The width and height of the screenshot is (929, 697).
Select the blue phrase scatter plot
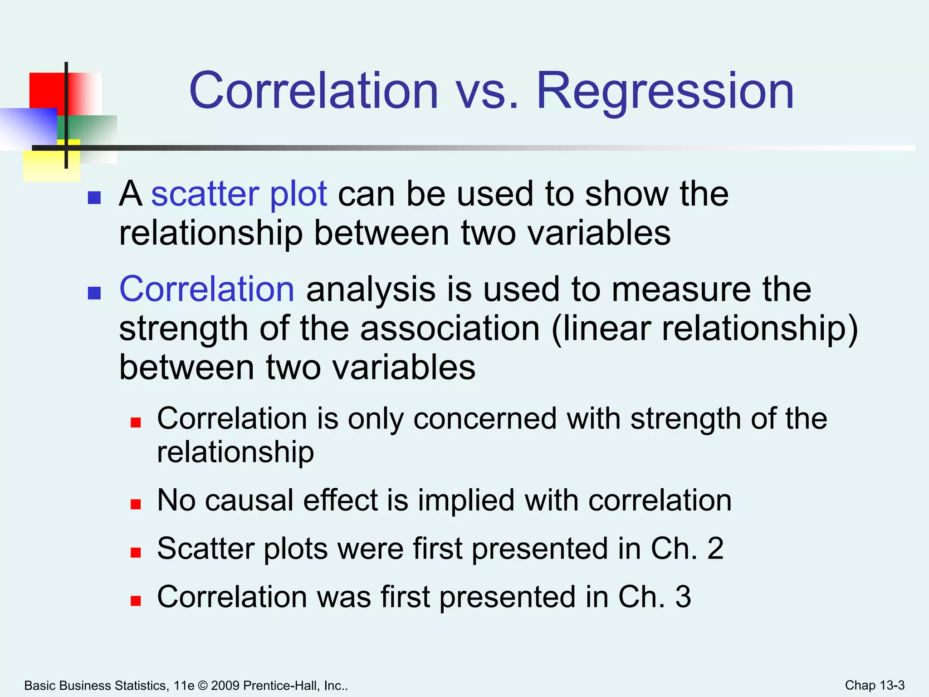[x=239, y=194]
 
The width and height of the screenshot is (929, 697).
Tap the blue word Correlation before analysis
[x=207, y=289]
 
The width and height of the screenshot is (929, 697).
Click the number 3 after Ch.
[x=683, y=597]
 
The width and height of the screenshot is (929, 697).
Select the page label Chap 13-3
[x=875, y=685]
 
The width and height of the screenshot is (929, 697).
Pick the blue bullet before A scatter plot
[x=94, y=198]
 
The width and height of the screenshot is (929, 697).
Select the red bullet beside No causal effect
[x=136, y=504]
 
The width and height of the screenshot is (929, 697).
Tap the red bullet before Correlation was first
[x=136, y=601]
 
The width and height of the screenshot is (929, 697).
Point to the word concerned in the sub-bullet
[x=484, y=418]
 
